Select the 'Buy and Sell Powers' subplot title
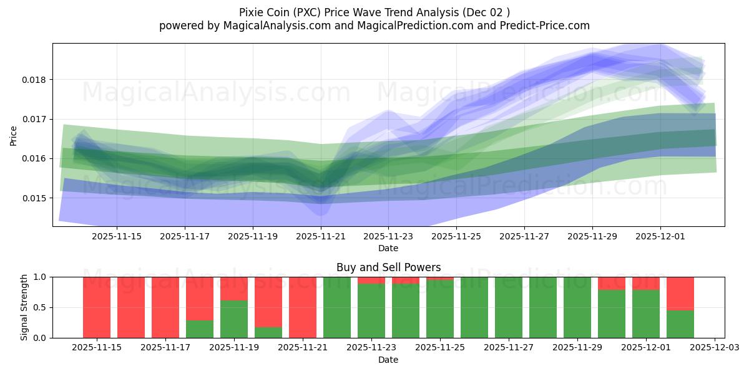388,267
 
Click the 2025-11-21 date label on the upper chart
320,237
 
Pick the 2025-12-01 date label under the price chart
660,237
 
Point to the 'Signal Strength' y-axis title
24,307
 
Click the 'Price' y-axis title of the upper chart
14,135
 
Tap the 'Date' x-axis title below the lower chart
388,360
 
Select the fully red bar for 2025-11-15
97,307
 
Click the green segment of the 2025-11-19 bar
234,319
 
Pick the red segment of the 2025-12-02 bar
680,294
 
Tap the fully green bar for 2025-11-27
509,307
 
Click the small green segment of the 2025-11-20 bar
268,332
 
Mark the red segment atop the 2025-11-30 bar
612,284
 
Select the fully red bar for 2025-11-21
303,307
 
